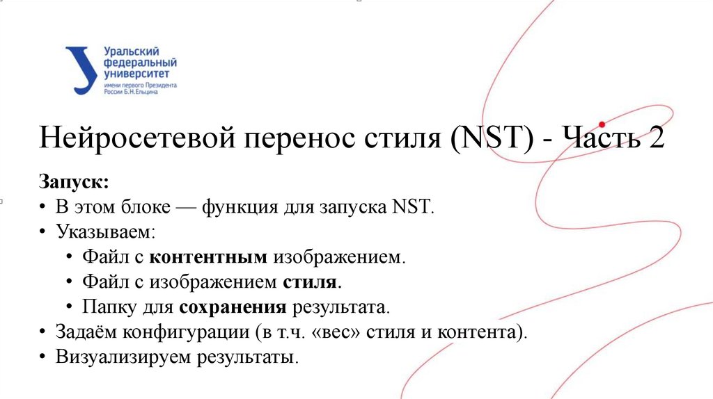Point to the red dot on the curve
(602, 124)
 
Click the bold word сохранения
(233, 307)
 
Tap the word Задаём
(86, 332)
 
